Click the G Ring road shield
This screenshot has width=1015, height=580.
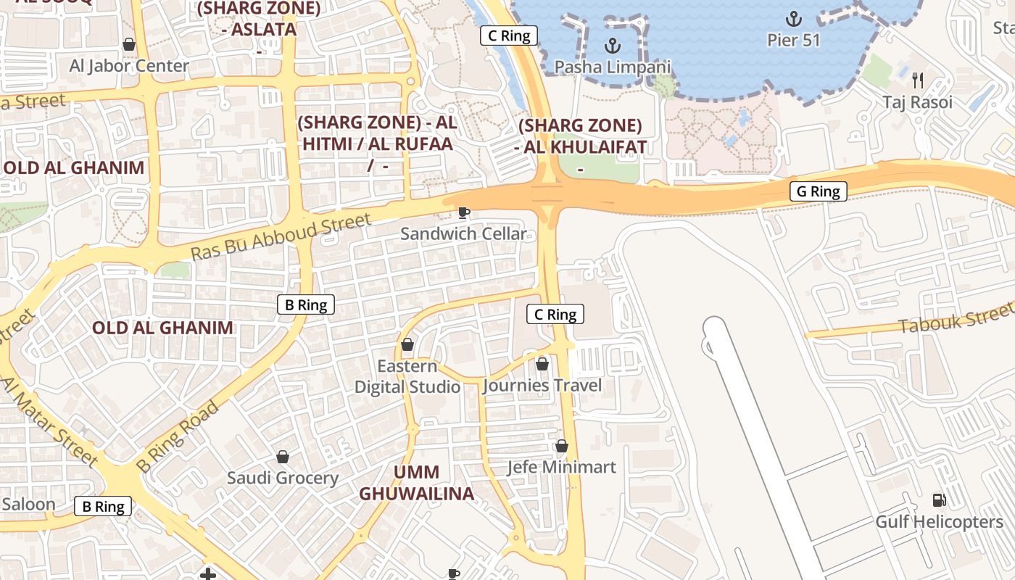(818, 191)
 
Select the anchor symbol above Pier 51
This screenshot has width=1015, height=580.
(794, 18)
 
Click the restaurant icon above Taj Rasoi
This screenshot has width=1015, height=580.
(917, 79)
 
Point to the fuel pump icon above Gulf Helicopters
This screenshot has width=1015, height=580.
(939, 500)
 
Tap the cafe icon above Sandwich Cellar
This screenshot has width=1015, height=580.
(464, 212)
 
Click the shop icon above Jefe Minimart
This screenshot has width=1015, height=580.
(561, 446)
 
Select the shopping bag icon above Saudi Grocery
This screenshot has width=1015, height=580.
(283, 457)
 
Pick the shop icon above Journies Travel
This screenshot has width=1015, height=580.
(542, 364)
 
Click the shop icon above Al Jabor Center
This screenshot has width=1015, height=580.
(129, 45)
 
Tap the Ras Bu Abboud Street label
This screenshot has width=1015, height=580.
(281, 236)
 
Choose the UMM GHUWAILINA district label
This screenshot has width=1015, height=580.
(416, 483)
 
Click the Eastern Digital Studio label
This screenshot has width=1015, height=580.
(407, 376)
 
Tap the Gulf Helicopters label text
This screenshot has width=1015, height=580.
(939, 522)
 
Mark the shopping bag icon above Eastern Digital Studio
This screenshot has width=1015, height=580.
(407, 344)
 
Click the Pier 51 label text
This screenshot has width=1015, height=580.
(794, 40)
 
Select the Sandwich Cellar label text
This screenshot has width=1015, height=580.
(463, 233)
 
